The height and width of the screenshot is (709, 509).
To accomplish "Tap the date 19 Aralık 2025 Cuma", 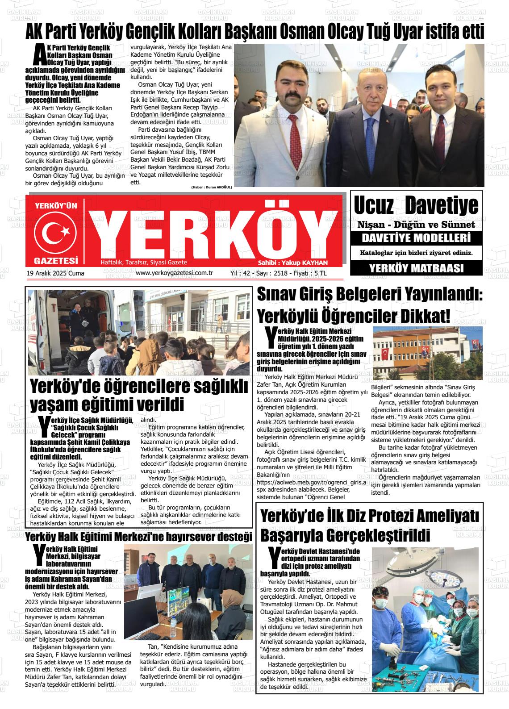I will pos(55,273).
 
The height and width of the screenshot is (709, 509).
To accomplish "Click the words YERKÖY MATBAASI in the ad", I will pos(416,268).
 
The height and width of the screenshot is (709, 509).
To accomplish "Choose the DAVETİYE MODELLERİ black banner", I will pos(416,238).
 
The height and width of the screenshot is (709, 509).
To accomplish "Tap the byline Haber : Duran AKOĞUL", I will pos(212,187).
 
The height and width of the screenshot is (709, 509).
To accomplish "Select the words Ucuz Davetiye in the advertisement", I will pos(416,205).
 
